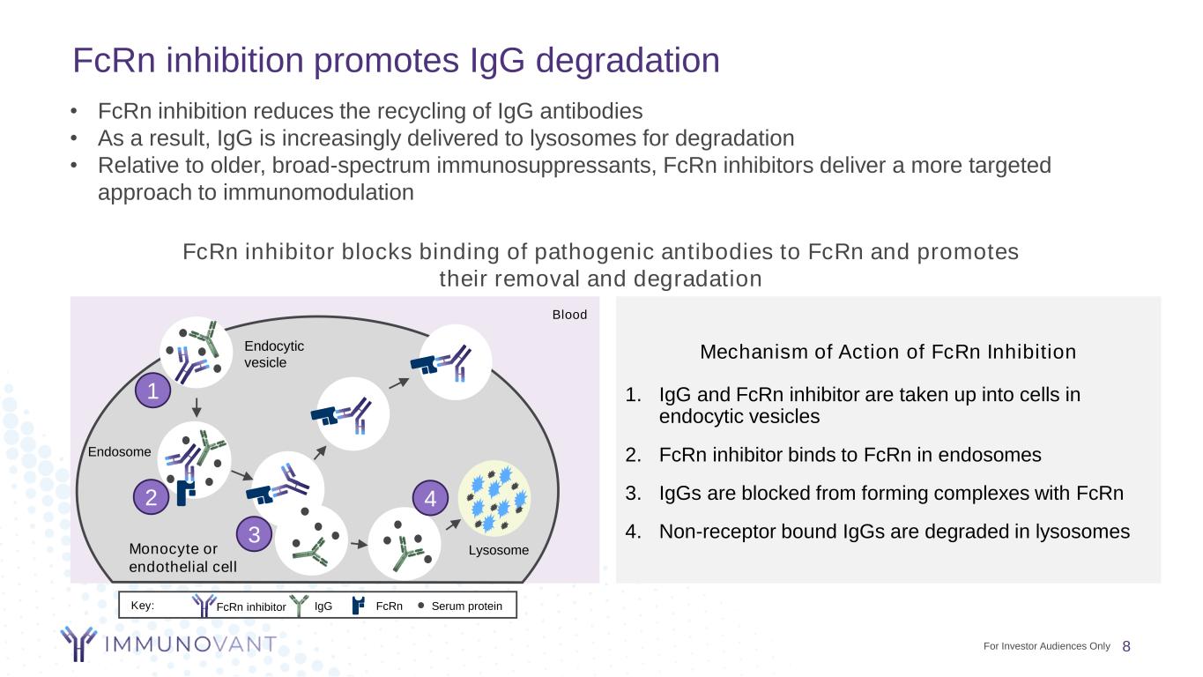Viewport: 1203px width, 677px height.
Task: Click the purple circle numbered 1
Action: pos(153,392)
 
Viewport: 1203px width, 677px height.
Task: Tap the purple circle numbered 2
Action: pos(152,498)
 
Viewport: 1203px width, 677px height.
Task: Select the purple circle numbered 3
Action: pos(254,535)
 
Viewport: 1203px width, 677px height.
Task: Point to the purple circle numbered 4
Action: pos(431,499)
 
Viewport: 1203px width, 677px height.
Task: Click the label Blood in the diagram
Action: pos(569,315)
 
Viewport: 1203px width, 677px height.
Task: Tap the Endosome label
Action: pos(120,452)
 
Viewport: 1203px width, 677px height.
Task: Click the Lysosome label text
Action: pos(499,550)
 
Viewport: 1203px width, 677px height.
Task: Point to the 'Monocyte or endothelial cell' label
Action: pos(183,558)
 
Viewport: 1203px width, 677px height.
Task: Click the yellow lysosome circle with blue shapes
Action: pos(495,499)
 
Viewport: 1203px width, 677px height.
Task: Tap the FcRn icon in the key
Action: pos(359,606)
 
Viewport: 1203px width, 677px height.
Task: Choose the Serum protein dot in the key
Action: pos(421,606)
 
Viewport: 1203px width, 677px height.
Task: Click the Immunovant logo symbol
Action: pos(78,644)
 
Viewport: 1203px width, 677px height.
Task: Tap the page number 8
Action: pos(1126,646)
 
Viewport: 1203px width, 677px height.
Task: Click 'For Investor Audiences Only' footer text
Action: pos(1046,646)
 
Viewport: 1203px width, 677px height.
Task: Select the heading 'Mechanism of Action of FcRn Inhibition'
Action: pos(887,353)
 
